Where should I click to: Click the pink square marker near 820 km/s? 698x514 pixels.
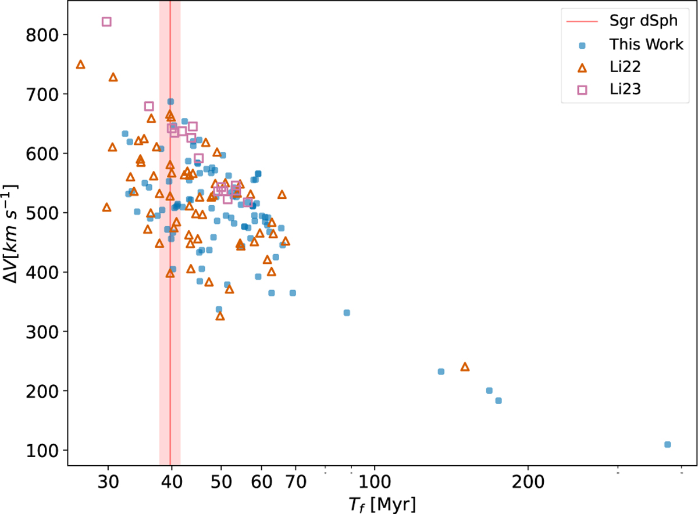[x=106, y=22]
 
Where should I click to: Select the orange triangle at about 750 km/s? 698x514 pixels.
[x=81, y=65]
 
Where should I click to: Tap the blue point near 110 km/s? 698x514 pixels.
[x=667, y=444]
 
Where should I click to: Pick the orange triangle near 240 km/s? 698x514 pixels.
[x=465, y=367]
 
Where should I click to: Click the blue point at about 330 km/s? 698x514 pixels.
[x=347, y=313]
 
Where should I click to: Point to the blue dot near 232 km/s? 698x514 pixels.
[x=441, y=372]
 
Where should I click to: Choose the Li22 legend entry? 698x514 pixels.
[x=622, y=67]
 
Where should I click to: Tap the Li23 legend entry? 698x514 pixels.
[x=622, y=89]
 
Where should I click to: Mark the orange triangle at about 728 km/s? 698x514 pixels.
[x=113, y=77]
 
